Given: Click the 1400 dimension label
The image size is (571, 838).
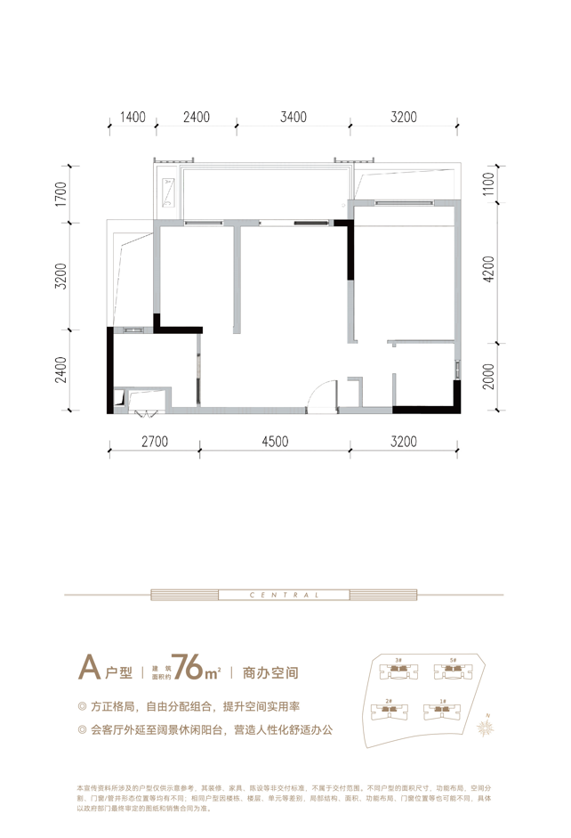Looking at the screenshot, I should coord(132,117).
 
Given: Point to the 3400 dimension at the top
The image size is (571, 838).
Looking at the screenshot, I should coord(293,117).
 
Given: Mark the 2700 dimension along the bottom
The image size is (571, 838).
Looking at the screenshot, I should coord(156,441).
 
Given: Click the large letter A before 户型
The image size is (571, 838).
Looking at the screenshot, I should coord(87,666).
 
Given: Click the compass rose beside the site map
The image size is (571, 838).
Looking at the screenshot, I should coord(487,726).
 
